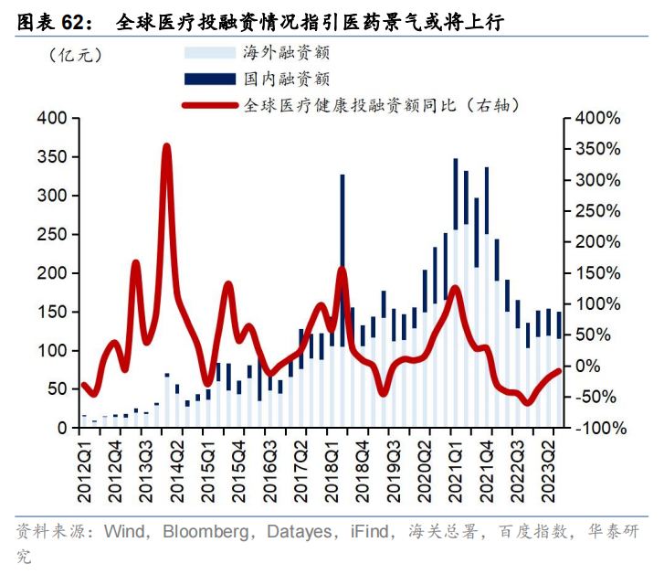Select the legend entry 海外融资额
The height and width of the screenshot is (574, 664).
pyautogui.click(x=286, y=51)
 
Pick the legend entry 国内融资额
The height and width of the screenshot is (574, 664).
pyautogui.click(x=286, y=79)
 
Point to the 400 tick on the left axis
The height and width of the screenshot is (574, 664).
pyautogui.click(x=54, y=119)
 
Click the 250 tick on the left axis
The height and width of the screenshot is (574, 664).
pyautogui.click(x=54, y=235)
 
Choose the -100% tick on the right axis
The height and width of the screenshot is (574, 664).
pyautogui.click(x=595, y=428)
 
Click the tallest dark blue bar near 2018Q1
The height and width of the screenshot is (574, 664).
pyautogui.click(x=343, y=256)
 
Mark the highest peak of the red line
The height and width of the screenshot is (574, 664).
pyautogui.click(x=166, y=145)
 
